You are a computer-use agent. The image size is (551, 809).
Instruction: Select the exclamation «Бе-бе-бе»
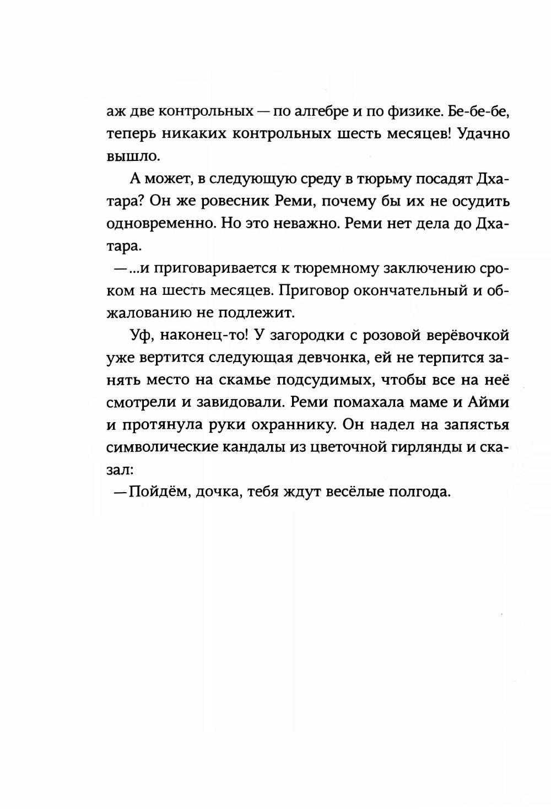coord(478,111)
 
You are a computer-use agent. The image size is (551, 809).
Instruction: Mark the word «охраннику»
coord(293,426)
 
